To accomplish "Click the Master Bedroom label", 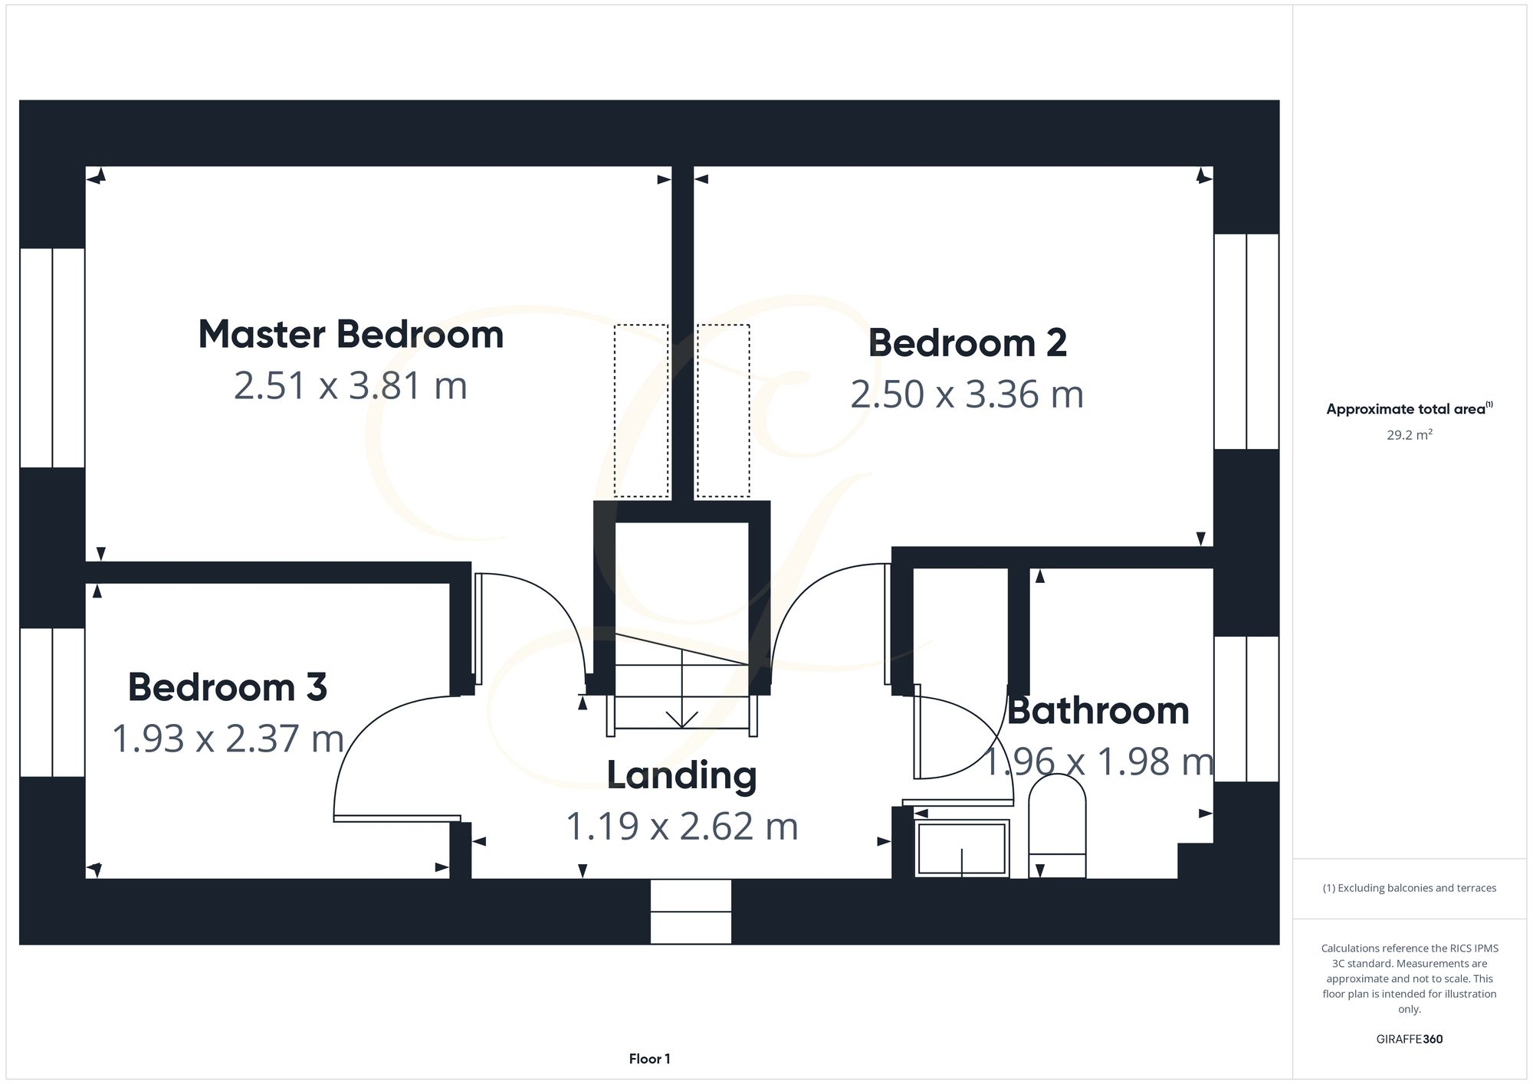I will click(x=351, y=335).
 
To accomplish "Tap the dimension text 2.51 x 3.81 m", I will click(x=350, y=385).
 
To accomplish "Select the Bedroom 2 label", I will click(x=967, y=343).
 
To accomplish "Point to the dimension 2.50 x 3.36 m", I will click(x=967, y=395).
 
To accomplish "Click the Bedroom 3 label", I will click(x=228, y=687).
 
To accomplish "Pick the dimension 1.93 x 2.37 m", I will click(x=228, y=738).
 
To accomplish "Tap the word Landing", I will click(x=681, y=775).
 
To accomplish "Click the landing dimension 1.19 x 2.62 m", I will click(x=681, y=827).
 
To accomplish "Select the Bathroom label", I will click(x=1098, y=711).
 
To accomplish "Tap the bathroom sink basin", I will click(x=961, y=848).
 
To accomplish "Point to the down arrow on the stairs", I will click(x=681, y=719).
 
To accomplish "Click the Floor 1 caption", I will click(x=649, y=1059).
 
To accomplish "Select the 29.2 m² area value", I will click(x=1409, y=435).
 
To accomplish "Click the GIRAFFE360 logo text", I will click(x=1409, y=1040).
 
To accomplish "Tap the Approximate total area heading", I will click(x=1409, y=409).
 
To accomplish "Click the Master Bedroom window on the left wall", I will click(x=52, y=358).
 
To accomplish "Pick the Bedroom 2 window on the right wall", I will click(x=1246, y=342).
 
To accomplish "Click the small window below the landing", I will click(x=691, y=911).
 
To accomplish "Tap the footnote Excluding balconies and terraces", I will click(x=1409, y=888).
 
